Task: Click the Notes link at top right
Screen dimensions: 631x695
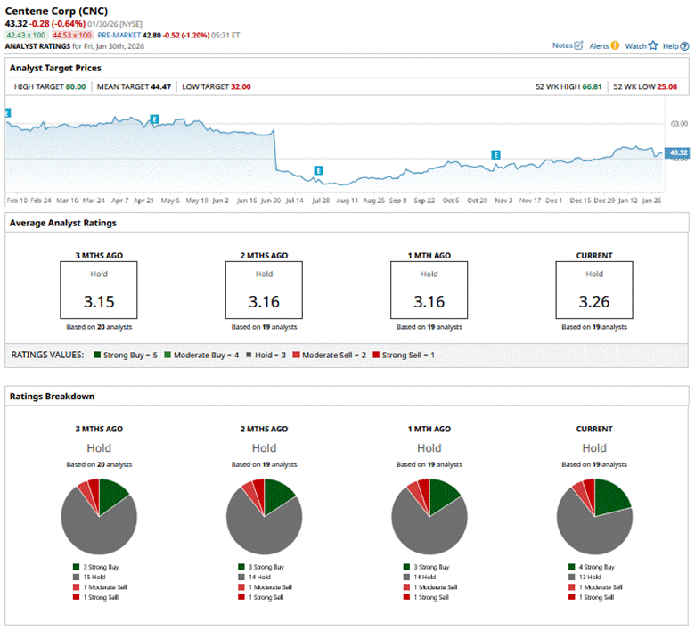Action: pos(567,45)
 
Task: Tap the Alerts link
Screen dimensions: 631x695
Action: pos(603,45)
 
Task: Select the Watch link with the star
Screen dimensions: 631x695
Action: pos(641,45)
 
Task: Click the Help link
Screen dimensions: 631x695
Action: pos(675,45)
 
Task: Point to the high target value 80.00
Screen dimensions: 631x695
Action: pos(76,87)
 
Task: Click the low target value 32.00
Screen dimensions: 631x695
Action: pos(241,87)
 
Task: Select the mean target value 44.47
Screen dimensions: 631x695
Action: pos(161,87)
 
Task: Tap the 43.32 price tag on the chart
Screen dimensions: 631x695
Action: pos(678,153)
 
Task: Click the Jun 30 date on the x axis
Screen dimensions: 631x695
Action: pos(272,201)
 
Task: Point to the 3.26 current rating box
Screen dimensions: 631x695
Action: pos(594,301)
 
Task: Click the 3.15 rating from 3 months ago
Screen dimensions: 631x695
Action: pos(99,301)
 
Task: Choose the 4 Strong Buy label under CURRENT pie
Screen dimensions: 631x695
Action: pos(597,567)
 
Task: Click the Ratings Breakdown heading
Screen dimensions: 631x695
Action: pos(52,396)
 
